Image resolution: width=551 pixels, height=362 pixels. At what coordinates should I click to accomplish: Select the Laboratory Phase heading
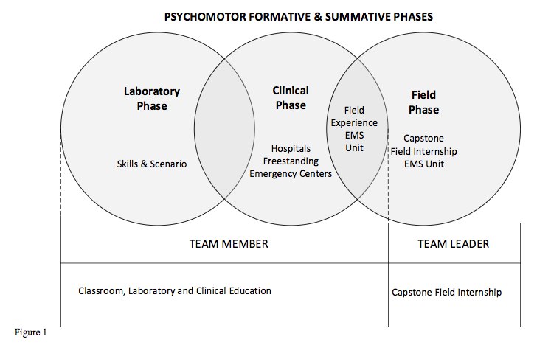pyautogui.click(x=151, y=99)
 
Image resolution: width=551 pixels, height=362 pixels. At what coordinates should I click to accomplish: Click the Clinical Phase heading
pyautogui.click(x=291, y=97)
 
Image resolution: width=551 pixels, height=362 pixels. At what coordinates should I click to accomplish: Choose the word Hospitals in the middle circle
pyautogui.click(x=291, y=149)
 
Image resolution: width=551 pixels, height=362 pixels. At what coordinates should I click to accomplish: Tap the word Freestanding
pyautogui.click(x=291, y=161)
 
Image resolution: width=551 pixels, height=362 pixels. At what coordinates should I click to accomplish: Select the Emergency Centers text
pyautogui.click(x=291, y=174)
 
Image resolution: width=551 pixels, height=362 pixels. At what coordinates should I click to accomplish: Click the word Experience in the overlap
pyautogui.click(x=354, y=123)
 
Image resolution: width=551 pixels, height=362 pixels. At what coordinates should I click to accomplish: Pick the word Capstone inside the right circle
pyautogui.click(x=424, y=138)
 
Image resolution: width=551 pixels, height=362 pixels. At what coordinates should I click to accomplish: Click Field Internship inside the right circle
pyautogui.click(x=424, y=150)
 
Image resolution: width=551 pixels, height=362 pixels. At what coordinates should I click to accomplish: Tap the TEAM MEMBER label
pyautogui.click(x=225, y=244)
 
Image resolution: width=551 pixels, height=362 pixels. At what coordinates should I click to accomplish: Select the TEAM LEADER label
pyautogui.click(x=454, y=244)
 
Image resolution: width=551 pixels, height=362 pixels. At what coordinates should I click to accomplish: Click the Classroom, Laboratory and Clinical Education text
pyautogui.click(x=175, y=291)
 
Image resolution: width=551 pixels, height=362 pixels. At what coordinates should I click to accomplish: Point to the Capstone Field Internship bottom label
pyautogui.click(x=446, y=293)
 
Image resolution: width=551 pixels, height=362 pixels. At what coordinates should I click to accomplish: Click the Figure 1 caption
pyautogui.click(x=30, y=333)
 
